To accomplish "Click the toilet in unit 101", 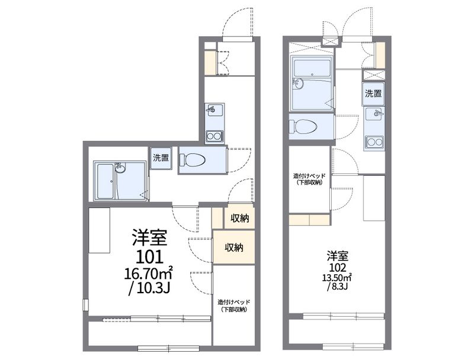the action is (192, 159).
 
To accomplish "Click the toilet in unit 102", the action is (303, 126).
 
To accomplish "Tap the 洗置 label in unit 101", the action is (161, 157).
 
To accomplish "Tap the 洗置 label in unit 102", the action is (373, 94).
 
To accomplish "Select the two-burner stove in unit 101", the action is (214, 137).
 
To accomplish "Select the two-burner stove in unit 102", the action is (374, 142).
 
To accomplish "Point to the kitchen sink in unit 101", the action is (214, 110).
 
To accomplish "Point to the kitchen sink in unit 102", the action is (374, 114).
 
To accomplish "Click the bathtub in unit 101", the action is (105, 181).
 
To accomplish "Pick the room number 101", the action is (150, 258).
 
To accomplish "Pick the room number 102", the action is (337, 267).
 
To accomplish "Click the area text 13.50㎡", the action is (337, 277).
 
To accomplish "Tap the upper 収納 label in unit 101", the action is (240, 218).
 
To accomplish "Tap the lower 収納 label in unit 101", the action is (234, 247).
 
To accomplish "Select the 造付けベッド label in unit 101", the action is (234, 302).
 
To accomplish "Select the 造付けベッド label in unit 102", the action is (309, 175).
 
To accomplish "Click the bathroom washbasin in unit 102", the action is (299, 83).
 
